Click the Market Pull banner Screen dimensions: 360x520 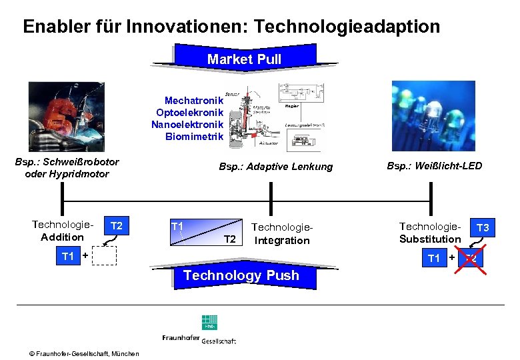tap(244, 59)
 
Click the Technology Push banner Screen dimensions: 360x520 tap(241, 275)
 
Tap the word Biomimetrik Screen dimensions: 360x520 tap(195, 137)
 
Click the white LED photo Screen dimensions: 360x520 tap(432, 114)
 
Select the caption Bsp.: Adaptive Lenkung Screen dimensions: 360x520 tap(275, 167)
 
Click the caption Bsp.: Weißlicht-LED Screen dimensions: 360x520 tap(434, 165)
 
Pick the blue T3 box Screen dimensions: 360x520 tap(482, 229)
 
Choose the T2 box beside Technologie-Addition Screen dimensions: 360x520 tap(117, 226)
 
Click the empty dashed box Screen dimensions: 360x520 tap(104, 257)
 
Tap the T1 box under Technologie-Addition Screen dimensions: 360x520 tap(68, 256)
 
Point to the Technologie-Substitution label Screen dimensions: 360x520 tap(430, 233)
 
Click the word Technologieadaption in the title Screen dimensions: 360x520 tap(347, 27)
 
